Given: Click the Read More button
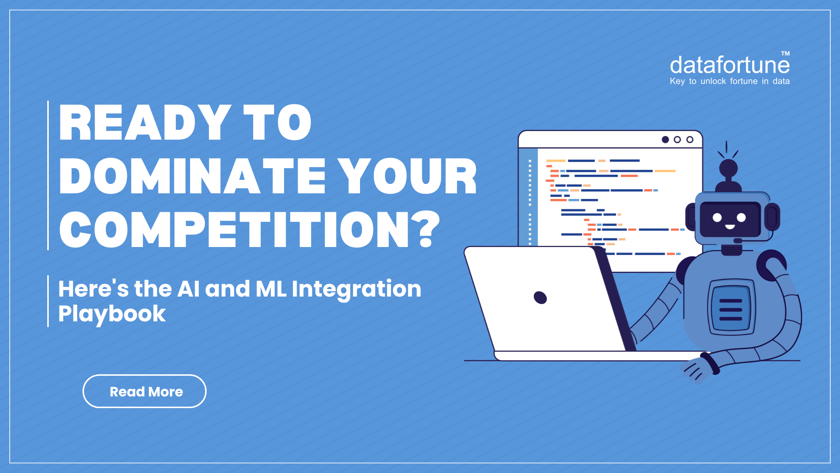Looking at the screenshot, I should tap(144, 391).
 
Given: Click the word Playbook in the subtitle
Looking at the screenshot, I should tap(112, 313).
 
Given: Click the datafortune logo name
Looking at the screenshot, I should tap(729, 65).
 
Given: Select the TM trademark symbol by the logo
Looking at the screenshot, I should tap(786, 53).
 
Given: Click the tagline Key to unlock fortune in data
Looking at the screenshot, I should tap(729, 81).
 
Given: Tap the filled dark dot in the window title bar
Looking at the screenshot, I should tap(665, 140).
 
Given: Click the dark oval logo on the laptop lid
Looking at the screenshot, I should tap(540, 297).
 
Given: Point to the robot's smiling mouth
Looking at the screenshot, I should tap(730, 226).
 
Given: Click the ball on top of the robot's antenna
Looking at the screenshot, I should tap(728, 168).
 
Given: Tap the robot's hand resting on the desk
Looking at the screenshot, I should tap(697, 370).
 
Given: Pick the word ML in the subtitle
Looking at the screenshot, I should tap(271, 289).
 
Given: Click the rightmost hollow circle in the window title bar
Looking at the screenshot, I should tap(690, 140).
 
